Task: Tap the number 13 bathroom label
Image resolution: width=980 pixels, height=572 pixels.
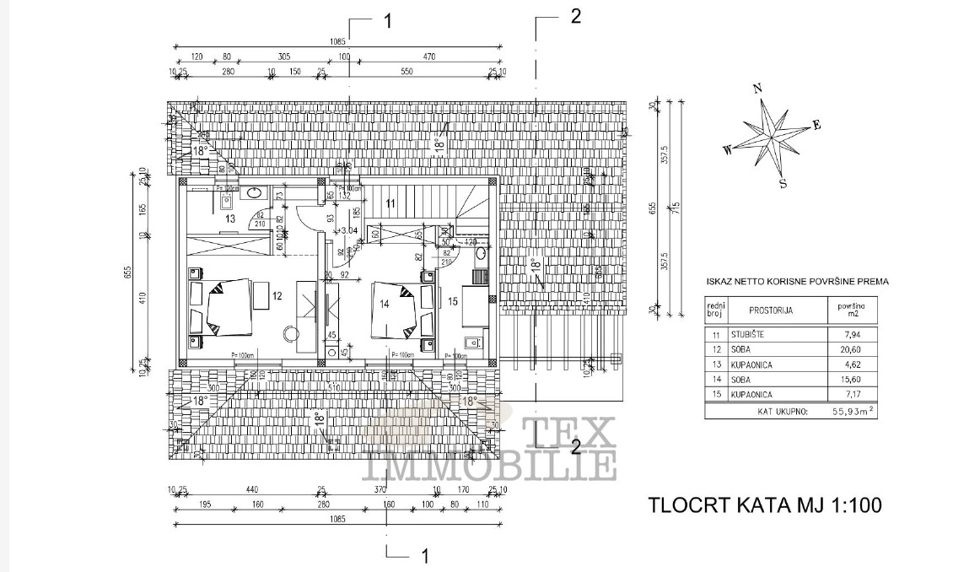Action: pos(230,219)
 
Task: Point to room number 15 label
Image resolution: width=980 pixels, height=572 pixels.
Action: pos(452,299)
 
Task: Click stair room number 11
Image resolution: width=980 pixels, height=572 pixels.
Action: pos(390,202)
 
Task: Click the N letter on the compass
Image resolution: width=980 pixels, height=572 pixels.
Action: pos(758,88)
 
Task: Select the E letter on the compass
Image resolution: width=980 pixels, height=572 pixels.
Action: pos(816,125)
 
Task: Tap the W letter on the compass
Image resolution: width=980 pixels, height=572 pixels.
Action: pos(726,151)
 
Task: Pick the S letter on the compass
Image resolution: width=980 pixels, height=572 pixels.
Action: pos(783,182)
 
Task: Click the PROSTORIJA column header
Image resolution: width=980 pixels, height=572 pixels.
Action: pos(771,310)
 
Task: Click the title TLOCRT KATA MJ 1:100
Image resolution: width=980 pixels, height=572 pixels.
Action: pos(765,505)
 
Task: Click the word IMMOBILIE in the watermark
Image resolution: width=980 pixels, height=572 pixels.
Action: pos(490,465)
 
